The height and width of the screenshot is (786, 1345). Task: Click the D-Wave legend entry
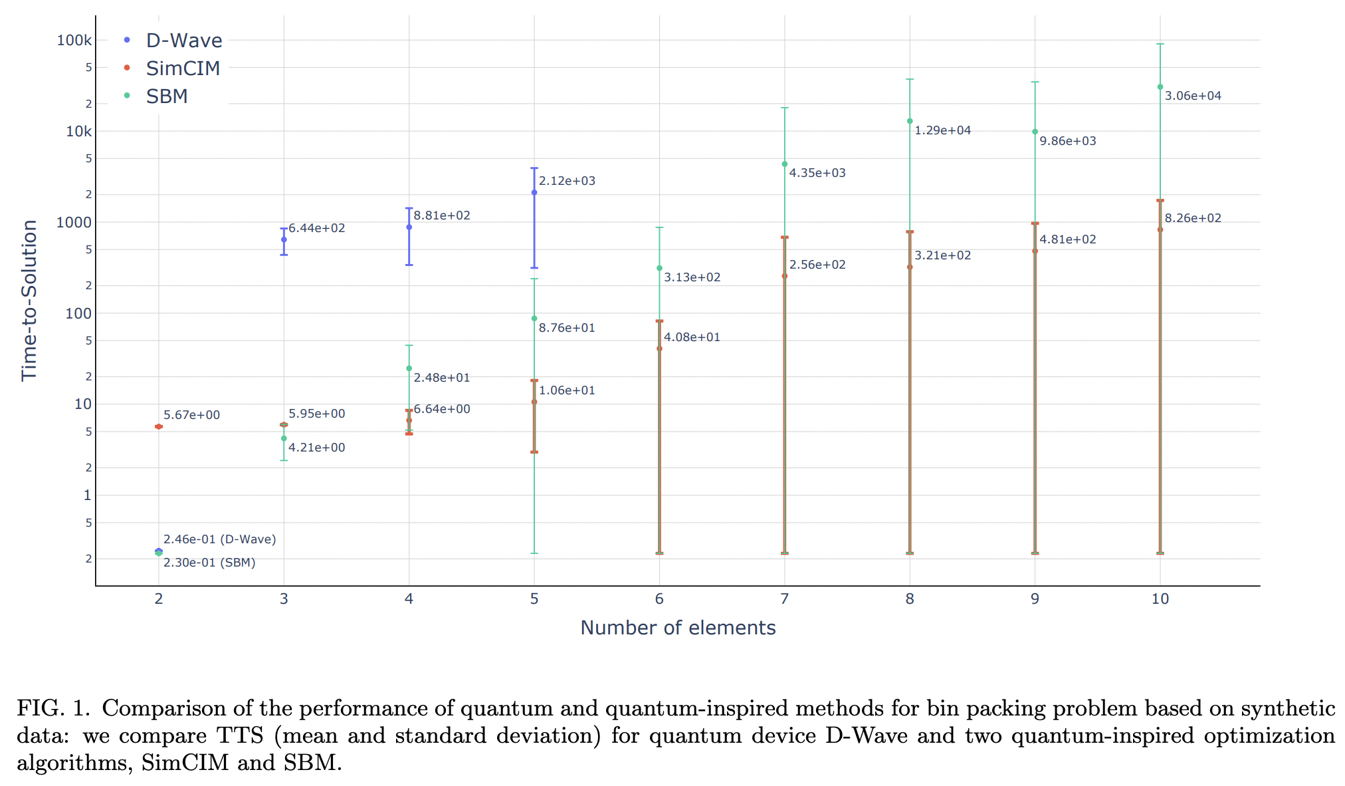click(183, 41)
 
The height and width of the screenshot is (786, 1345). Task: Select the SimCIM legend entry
click(182, 68)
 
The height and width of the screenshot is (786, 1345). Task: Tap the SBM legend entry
click(167, 96)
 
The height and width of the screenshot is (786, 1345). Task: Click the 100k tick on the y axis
click(74, 41)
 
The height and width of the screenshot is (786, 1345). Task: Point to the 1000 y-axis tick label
click(74, 223)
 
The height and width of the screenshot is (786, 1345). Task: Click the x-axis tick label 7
click(784, 599)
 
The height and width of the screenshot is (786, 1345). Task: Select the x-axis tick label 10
click(1160, 599)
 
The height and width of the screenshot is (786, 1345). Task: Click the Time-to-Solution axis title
click(29, 301)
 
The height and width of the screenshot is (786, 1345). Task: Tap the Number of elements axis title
click(678, 628)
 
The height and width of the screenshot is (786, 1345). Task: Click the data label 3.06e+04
click(1193, 96)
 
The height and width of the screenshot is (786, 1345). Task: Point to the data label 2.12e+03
click(567, 181)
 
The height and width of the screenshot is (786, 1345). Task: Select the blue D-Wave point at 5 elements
click(534, 193)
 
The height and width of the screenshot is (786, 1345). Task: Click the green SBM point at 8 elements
click(910, 121)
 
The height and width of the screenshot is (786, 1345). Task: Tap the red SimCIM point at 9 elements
click(1035, 251)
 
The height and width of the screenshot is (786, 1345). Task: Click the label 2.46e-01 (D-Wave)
click(219, 539)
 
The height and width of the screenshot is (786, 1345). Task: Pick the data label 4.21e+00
click(316, 448)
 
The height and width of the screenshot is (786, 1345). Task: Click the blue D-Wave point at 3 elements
click(284, 239)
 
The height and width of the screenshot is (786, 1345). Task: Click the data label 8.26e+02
click(1193, 218)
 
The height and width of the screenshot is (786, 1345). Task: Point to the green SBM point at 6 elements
click(659, 268)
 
